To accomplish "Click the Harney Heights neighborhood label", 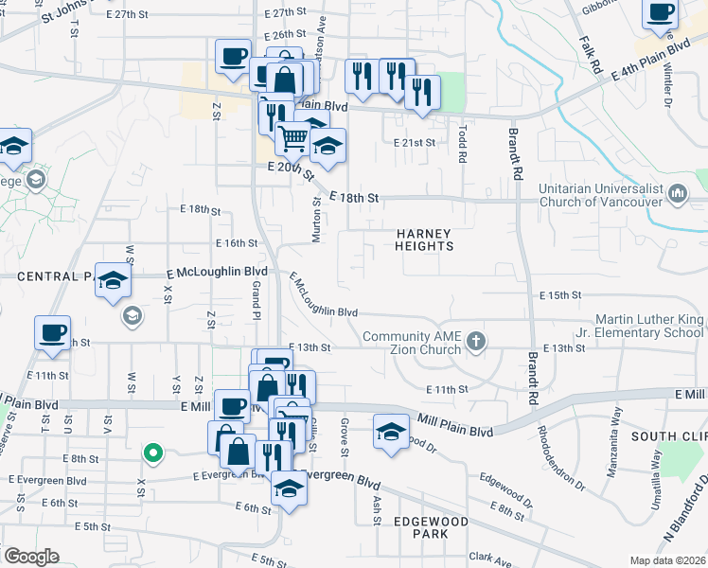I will pos(425,240).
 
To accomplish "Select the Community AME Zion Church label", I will pos(416,344).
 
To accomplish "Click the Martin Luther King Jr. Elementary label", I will pos(650,327).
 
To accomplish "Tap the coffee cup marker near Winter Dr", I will pos(660,14).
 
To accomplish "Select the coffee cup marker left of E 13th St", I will pos(52,334).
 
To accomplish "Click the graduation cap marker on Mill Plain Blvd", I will pos(390,433).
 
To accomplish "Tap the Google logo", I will pos(30,557).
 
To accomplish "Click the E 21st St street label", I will pos(415,142).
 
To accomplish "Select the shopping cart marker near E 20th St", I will pos(293,138).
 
